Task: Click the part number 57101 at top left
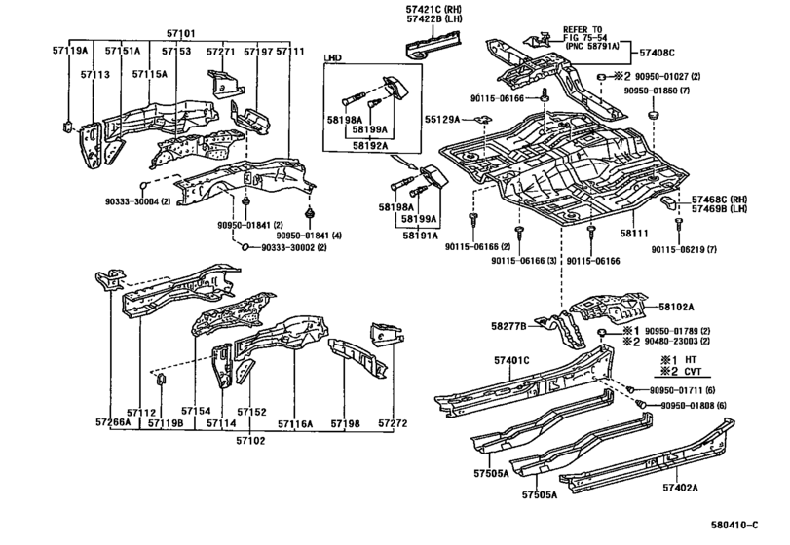click(x=181, y=34)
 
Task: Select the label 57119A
click(x=69, y=51)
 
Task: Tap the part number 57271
click(x=221, y=52)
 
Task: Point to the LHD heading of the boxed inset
click(x=332, y=57)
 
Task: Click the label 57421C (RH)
click(x=433, y=9)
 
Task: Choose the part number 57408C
click(x=657, y=52)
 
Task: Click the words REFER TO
click(x=582, y=30)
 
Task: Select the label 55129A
click(x=441, y=120)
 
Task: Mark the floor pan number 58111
click(x=634, y=234)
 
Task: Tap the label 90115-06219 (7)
click(x=683, y=249)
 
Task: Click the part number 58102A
click(x=676, y=307)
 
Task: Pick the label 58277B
click(x=508, y=327)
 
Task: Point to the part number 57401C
click(x=511, y=360)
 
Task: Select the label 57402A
click(x=680, y=488)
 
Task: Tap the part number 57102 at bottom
click(x=250, y=441)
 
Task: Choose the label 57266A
click(x=113, y=422)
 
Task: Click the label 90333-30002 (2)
click(x=293, y=247)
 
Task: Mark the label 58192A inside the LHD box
click(x=370, y=145)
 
